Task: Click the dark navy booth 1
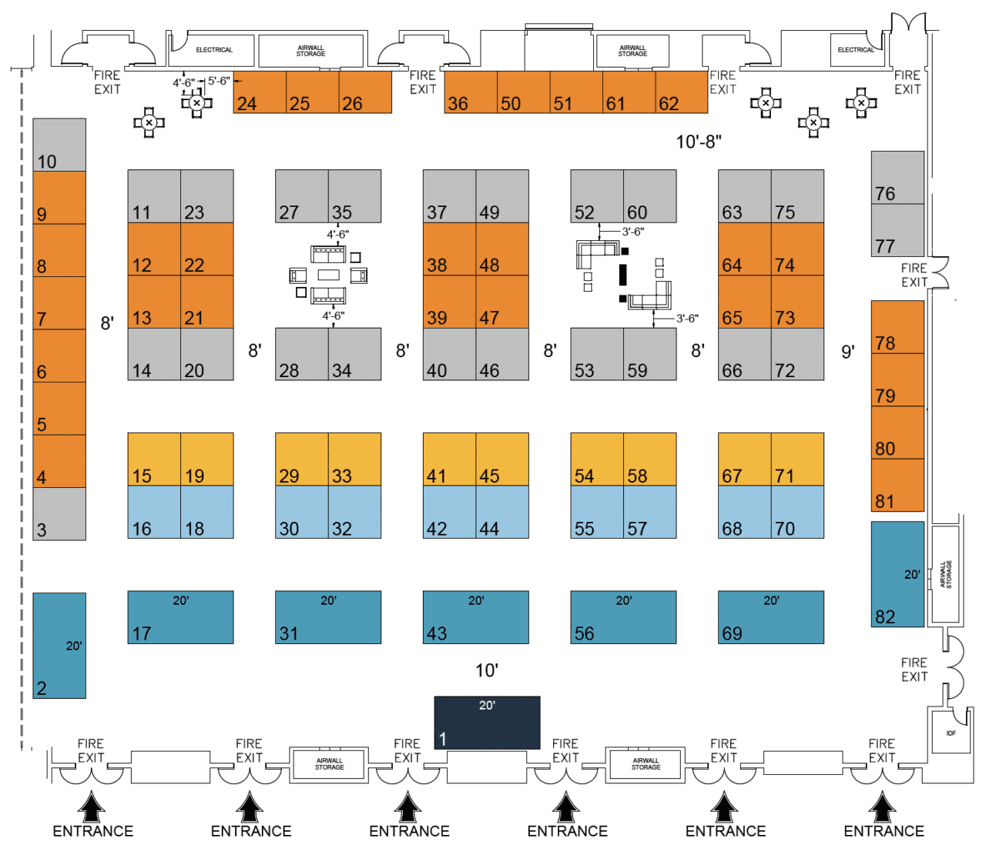(487, 723)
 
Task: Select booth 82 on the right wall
(897, 574)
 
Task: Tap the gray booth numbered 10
(59, 145)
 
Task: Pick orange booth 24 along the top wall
(260, 92)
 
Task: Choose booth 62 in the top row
(681, 92)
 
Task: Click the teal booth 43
(475, 617)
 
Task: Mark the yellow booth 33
(354, 459)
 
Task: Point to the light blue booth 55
(597, 512)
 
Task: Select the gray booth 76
(897, 177)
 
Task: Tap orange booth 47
(502, 302)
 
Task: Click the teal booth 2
(59, 646)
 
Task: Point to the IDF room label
(951, 733)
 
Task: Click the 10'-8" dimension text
(699, 142)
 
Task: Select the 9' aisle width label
(847, 352)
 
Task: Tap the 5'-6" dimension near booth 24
(219, 81)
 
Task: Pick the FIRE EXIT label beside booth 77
(914, 275)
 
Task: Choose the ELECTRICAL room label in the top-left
(214, 50)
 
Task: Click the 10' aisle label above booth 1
(487, 670)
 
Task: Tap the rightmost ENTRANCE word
(884, 831)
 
